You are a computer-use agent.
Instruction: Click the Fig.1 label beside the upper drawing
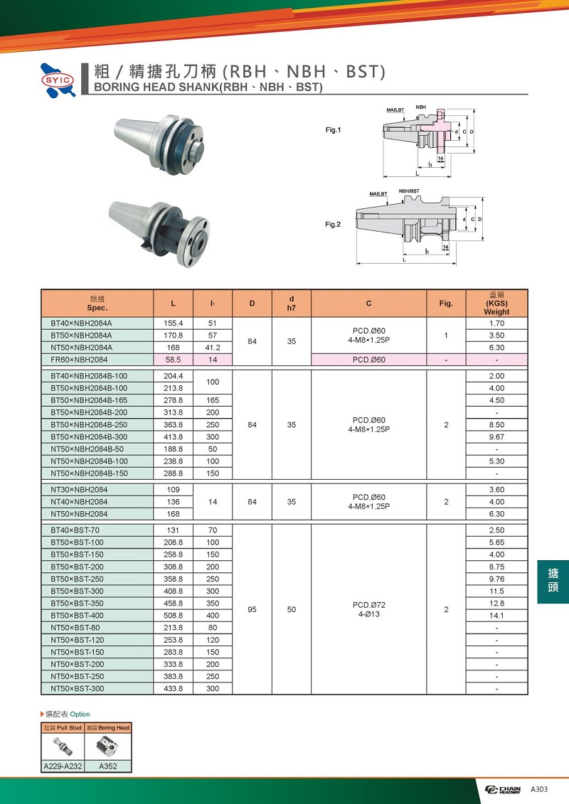(333, 130)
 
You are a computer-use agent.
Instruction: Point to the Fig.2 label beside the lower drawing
(333, 225)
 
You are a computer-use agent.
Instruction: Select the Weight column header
(496, 304)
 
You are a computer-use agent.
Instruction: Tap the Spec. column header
(97, 304)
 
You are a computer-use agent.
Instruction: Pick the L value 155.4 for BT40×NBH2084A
(174, 323)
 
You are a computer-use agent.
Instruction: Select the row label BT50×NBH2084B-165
(89, 400)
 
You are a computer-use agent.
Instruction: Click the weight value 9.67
(496, 436)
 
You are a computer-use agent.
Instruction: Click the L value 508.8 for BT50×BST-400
(174, 616)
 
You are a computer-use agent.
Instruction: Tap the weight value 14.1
(496, 616)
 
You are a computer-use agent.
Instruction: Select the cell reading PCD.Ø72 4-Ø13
(368, 609)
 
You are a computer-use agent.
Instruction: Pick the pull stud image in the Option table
(62, 747)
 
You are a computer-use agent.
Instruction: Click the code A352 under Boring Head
(108, 766)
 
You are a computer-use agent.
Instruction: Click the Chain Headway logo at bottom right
(503, 790)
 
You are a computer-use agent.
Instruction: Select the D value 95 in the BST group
(252, 609)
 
